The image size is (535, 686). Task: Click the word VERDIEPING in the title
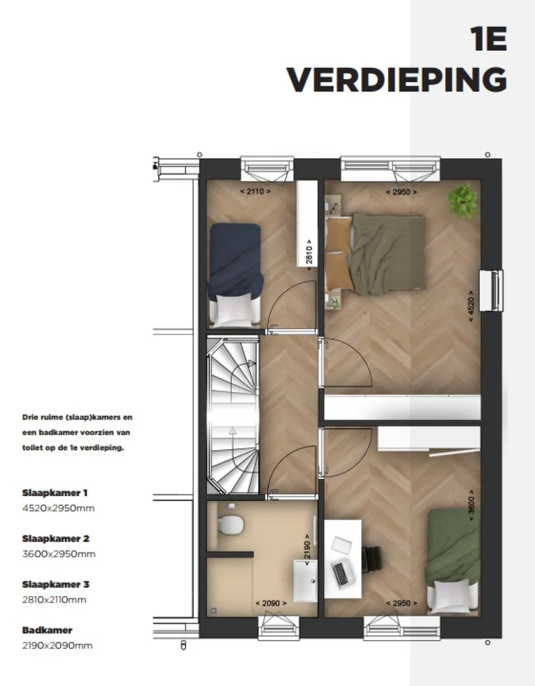(397, 80)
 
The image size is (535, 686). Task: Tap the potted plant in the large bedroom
(463, 202)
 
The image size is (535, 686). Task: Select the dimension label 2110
(253, 191)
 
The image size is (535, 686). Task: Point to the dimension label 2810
(308, 252)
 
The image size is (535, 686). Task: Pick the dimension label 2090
(271, 603)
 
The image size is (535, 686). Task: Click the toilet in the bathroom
(229, 525)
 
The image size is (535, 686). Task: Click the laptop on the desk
(341, 570)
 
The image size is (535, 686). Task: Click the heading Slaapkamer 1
(55, 493)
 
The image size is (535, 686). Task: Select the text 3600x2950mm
(58, 554)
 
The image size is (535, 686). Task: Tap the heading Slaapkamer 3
(56, 585)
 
